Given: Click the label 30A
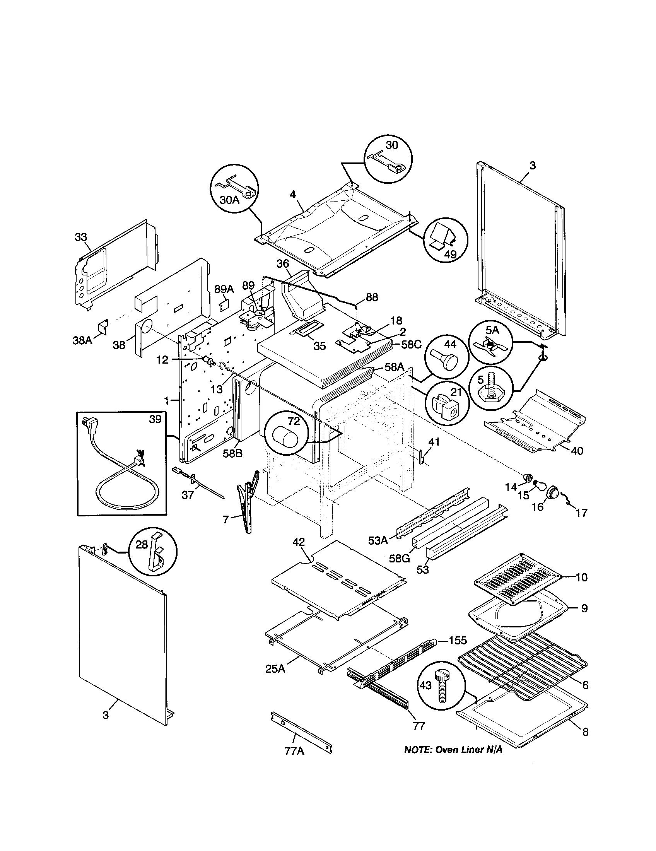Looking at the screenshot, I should [229, 200].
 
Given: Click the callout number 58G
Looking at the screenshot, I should [399, 558].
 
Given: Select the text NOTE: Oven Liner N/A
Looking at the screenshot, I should [453, 750].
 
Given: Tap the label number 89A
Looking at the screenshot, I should [224, 289].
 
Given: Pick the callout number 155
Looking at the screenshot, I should [458, 640].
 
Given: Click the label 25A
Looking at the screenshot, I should [275, 669].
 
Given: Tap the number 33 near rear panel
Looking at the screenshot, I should [81, 237].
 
